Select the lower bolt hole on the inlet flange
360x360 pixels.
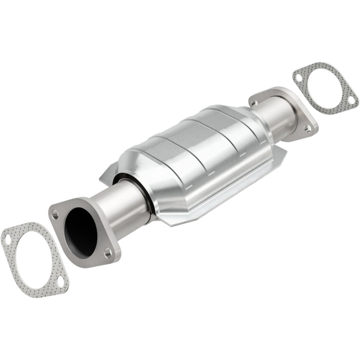click(107, 252)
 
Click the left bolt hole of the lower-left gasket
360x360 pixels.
click(8, 239)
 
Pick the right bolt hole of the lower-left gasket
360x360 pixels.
click(61, 282)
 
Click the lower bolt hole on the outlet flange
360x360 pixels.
click(307, 129)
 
